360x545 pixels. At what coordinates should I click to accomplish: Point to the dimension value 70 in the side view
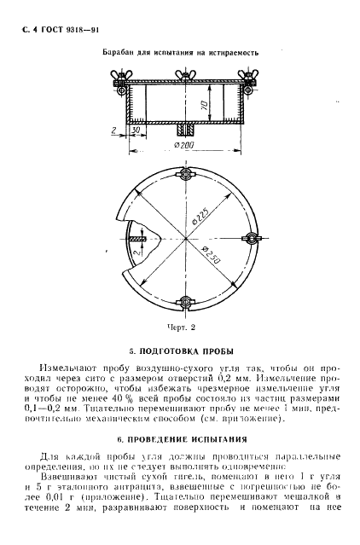coord(204,107)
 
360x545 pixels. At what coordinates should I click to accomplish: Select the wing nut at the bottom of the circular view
coord(184,303)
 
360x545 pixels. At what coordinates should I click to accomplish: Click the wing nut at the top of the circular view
coord(184,176)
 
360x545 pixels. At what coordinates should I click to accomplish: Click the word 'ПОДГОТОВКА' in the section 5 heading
coord(178,351)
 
